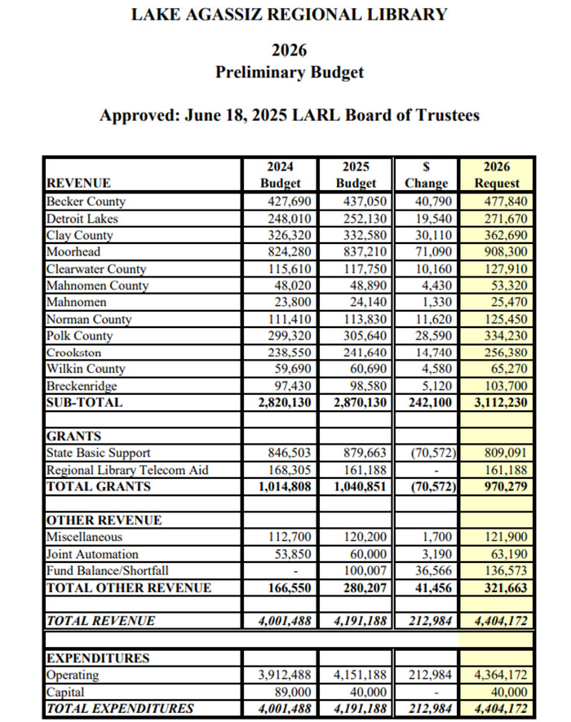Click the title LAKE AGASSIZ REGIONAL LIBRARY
point(290,15)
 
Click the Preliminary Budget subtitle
point(290,73)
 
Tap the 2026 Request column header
point(497,174)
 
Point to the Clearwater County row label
point(96,269)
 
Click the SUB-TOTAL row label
point(84,403)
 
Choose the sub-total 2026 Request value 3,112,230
point(496,403)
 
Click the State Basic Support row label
point(99,453)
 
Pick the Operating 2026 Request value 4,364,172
point(497,675)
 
